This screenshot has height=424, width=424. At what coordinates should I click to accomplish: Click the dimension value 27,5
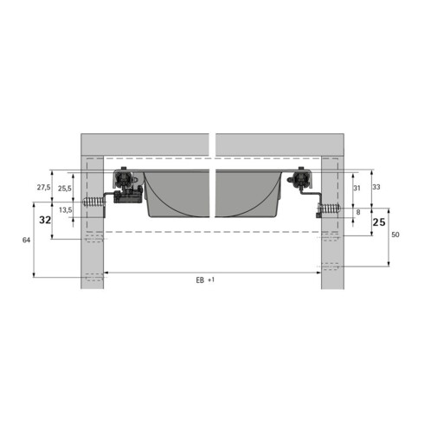43,188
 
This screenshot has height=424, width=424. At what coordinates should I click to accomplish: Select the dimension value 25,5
65,189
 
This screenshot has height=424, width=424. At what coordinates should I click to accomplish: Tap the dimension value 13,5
66,210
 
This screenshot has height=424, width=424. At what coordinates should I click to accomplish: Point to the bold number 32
45,221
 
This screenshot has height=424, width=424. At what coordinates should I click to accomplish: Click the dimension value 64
26,240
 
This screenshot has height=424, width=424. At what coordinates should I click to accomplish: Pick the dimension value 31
357,189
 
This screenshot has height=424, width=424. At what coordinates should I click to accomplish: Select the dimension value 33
376,187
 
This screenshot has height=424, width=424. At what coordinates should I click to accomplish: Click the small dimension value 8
358,212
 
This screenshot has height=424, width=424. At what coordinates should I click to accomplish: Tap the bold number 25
379,222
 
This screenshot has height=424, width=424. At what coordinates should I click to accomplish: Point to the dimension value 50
395,234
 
